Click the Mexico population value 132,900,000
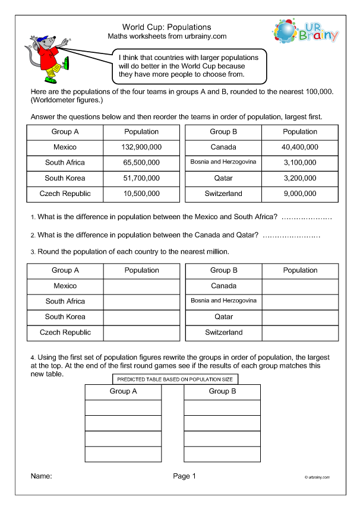(x=141, y=147)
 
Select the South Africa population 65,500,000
(x=141, y=162)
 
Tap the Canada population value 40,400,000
(x=300, y=147)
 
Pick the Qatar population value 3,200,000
(x=300, y=178)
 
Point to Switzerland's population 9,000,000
(x=300, y=193)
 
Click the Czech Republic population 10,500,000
(x=141, y=193)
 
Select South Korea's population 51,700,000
(x=141, y=178)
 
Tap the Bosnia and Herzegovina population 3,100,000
(x=300, y=162)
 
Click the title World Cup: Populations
(x=166, y=27)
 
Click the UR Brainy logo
(x=305, y=32)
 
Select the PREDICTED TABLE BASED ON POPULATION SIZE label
(x=175, y=379)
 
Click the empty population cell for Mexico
(x=141, y=286)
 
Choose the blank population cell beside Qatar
(x=300, y=317)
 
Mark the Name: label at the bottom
(x=41, y=476)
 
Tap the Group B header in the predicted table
(x=222, y=391)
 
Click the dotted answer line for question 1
(x=307, y=219)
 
